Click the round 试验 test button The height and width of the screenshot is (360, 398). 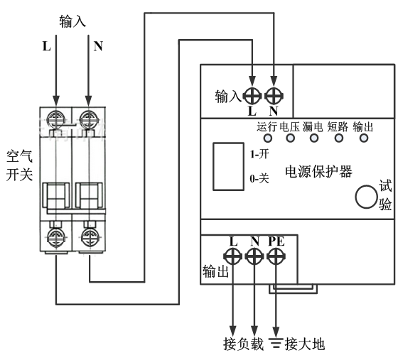(x=366, y=197)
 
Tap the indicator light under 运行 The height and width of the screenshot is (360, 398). (x=267, y=138)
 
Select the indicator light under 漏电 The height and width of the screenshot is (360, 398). (x=314, y=138)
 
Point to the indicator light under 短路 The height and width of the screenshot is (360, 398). (x=339, y=138)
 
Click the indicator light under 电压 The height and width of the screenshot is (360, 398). (x=291, y=138)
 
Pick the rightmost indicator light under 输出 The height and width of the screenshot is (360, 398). (x=364, y=138)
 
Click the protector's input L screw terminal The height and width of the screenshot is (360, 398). (x=252, y=96)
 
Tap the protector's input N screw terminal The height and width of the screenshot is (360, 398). (x=274, y=96)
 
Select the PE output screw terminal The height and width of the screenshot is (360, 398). (x=276, y=256)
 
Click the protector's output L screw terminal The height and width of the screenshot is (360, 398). (x=232, y=256)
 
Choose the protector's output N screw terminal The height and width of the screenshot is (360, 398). (x=254, y=256)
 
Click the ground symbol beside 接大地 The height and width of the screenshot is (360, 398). (x=276, y=342)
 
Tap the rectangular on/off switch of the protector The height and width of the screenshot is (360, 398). (x=228, y=166)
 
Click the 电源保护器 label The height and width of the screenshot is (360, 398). (x=318, y=172)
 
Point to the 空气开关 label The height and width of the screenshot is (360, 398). (x=20, y=165)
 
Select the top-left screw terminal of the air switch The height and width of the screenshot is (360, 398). (x=56, y=119)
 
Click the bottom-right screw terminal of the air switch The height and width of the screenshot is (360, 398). (x=89, y=237)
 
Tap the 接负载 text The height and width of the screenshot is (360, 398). (x=244, y=344)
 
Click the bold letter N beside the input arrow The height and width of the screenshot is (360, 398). (x=98, y=46)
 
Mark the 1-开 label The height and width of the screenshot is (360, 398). (x=259, y=154)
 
